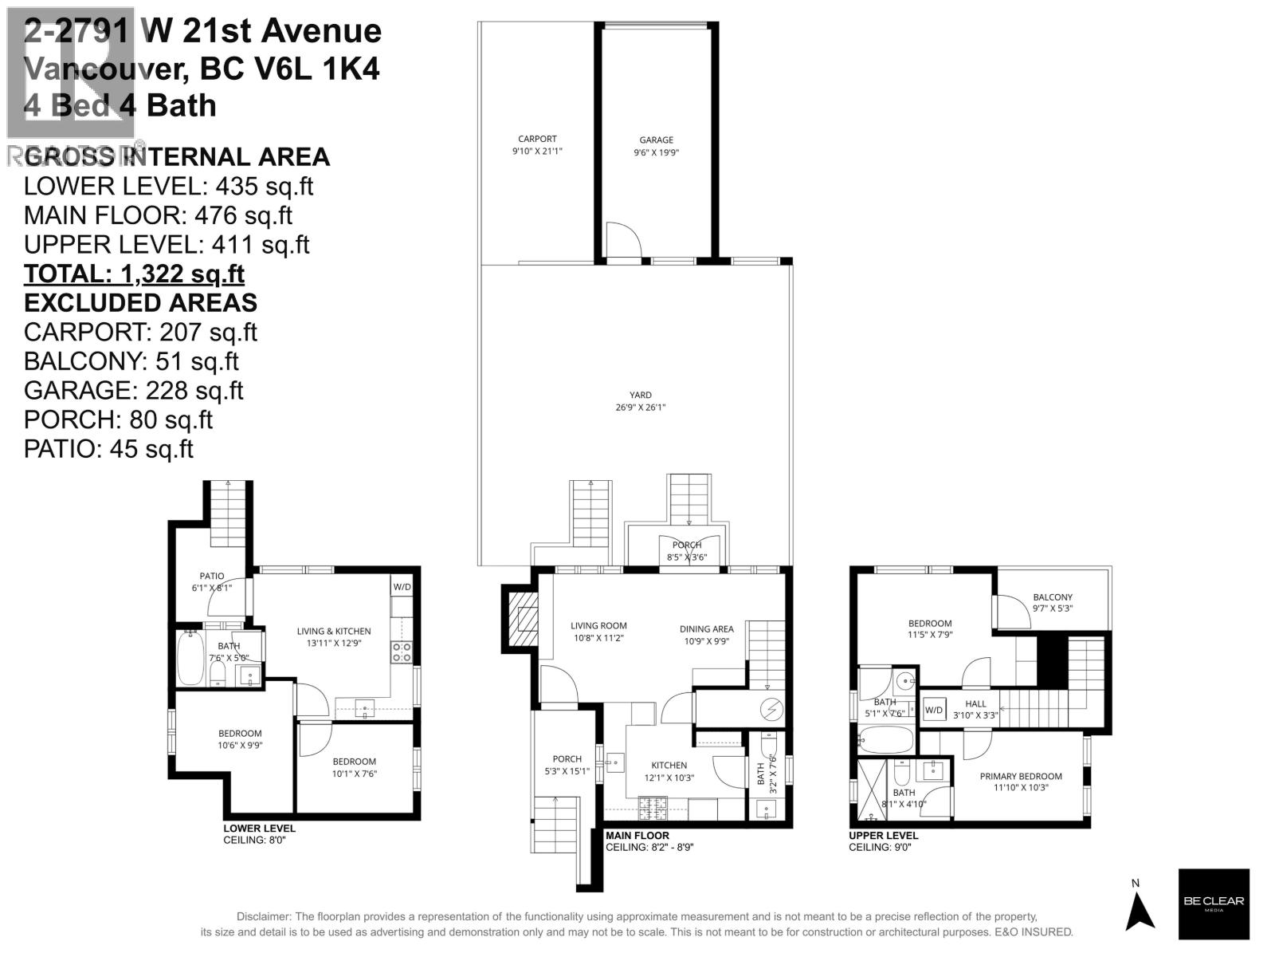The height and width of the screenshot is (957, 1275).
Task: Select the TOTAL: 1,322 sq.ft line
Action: click(134, 274)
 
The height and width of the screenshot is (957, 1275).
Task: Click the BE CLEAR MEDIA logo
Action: click(1214, 904)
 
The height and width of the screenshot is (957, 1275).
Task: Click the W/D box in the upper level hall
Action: click(934, 709)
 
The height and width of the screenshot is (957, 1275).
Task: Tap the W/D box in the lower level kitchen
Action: click(402, 587)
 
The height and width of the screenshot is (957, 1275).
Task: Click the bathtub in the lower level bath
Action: click(190, 658)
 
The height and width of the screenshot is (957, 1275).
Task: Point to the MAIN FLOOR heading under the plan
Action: click(637, 836)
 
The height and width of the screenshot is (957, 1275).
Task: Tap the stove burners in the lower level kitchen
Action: click(402, 652)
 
